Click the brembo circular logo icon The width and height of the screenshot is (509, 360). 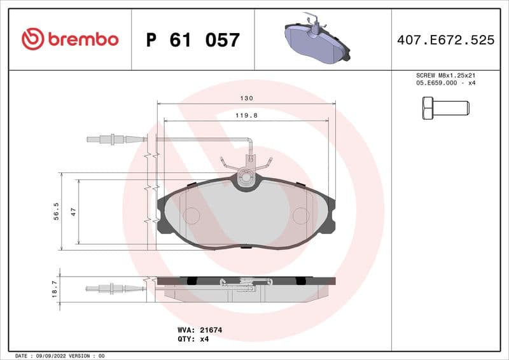point(32,39)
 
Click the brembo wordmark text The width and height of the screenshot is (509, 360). point(83,39)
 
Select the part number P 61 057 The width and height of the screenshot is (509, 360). point(193,40)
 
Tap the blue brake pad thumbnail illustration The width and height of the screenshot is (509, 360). point(316,39)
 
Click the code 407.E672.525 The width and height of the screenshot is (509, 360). point(445,40)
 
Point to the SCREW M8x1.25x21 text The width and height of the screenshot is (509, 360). point(445,75)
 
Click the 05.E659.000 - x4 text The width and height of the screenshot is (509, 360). point(445,83)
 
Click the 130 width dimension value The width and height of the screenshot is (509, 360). point(247,99)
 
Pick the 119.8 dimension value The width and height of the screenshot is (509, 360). point(247,115)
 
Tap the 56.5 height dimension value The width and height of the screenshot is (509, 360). point(57,211)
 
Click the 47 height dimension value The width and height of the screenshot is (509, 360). point(73,212)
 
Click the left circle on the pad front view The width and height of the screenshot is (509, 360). point(191,216)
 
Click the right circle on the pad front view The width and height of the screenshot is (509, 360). point(300,216)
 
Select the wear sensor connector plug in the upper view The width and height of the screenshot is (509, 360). point(112,139)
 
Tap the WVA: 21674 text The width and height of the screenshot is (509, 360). point(199,330)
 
